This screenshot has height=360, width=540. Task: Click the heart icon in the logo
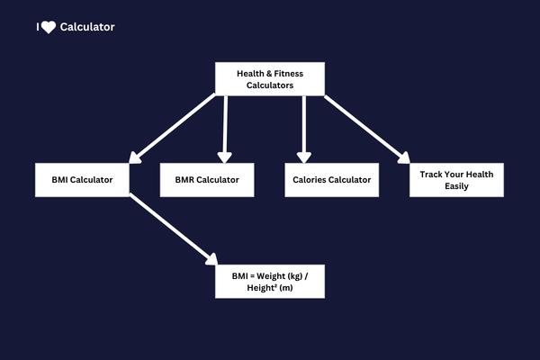click(x=49, y=27)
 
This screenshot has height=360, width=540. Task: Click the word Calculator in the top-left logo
click(x=87, y=27)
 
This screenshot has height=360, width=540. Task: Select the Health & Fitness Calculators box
click(x=270, y=78)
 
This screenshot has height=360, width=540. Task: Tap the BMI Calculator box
click(x=82, y=180)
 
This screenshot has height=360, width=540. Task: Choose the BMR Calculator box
click(x=207, y=180)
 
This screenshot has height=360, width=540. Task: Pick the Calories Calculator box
click(x=331, y=180)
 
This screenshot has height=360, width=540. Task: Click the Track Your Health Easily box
click(x=456, y=180)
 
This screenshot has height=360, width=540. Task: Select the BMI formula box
click(x=270, y=280)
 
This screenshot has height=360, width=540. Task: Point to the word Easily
click(x=456, y=186)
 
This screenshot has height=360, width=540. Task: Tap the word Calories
click(x=310, y=180)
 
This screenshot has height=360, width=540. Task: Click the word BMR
click(x=185, y=180)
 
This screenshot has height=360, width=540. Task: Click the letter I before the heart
click(x=38, y=27)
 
